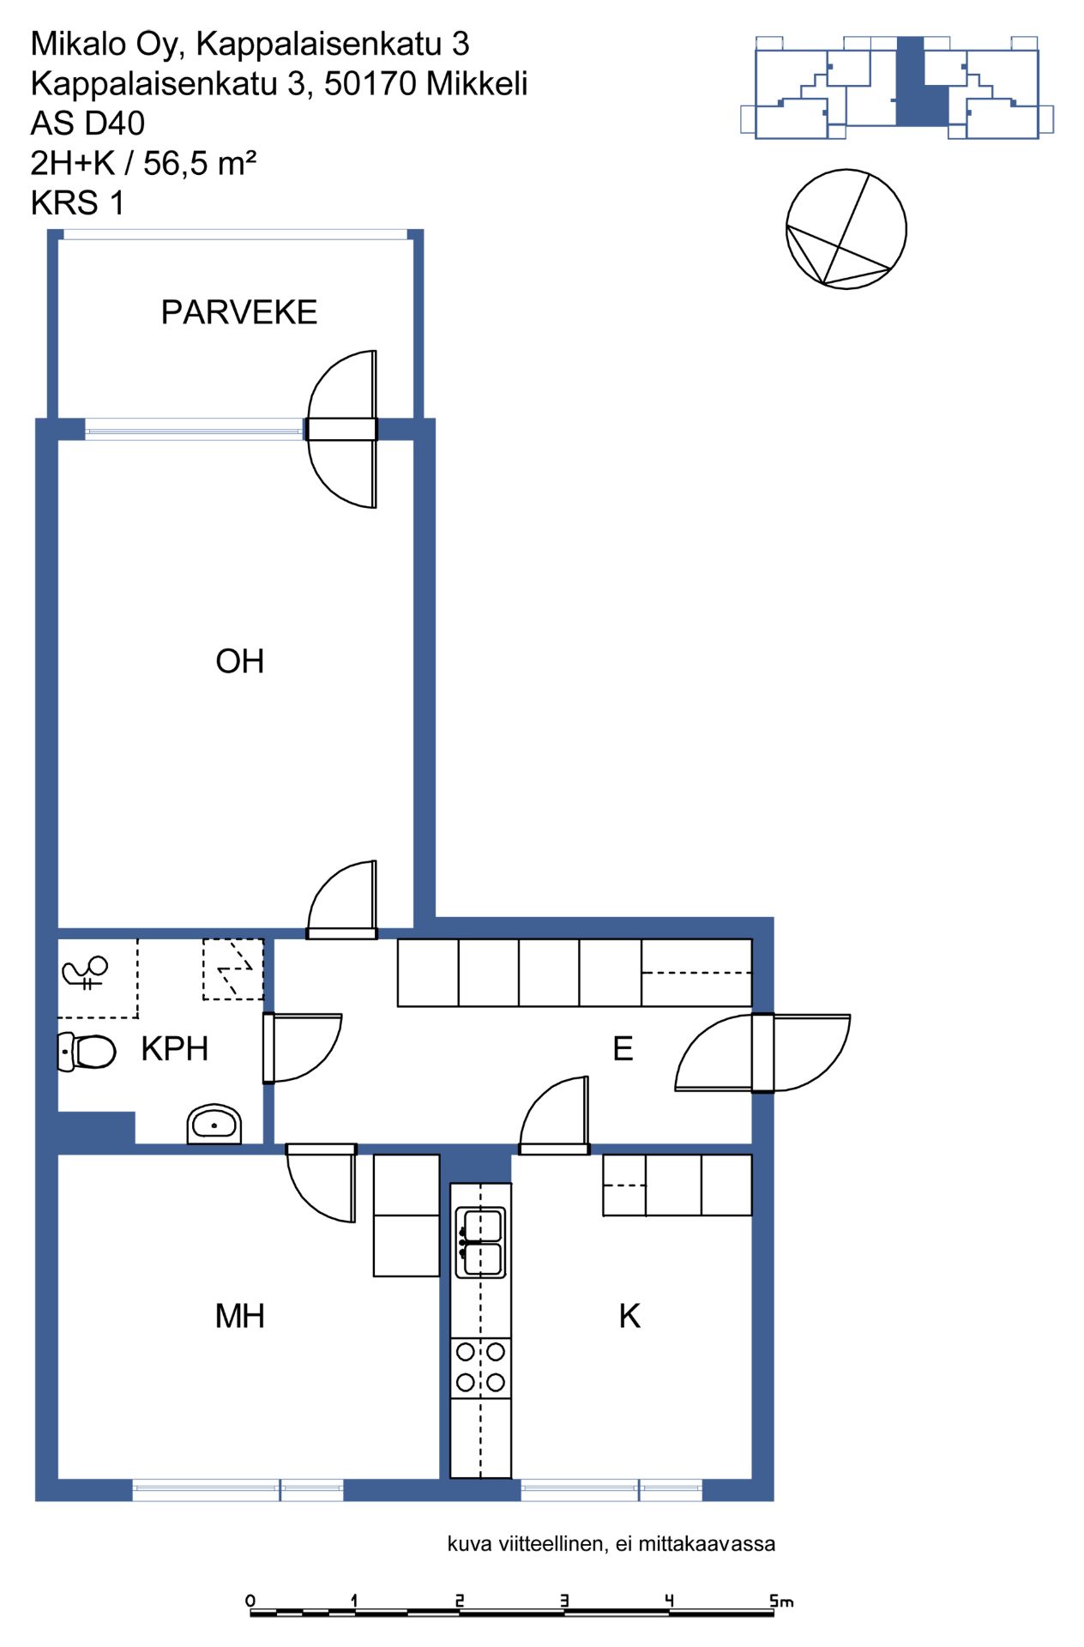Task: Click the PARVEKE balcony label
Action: point(239,312)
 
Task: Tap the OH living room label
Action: point(240,661)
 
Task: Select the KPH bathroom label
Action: point(175,1049)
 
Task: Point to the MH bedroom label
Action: point(240,1316)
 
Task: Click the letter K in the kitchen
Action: point(629,1316)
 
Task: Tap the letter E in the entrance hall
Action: point(623,1049)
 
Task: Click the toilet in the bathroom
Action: point(87,1052)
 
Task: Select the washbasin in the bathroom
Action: point(214,1124)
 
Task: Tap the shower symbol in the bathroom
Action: point(85,972)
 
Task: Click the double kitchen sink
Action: point(480,1242)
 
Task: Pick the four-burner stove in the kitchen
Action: point(480,1367)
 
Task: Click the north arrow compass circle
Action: point(846,229)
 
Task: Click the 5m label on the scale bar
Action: point(781,1601)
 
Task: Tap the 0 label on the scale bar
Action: point(250,1601)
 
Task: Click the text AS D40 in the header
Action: point(87,124)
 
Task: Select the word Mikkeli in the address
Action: point(477,84)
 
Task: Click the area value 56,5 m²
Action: point(200,163)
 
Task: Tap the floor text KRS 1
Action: point(78,203)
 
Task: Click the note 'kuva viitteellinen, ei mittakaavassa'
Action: point(611,1544)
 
